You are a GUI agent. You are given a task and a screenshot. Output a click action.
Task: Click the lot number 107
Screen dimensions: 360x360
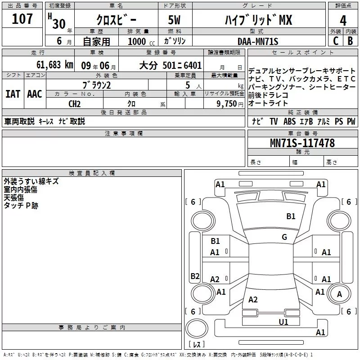(22, 19)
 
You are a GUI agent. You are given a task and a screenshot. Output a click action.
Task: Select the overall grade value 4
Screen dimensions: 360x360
(343, 20)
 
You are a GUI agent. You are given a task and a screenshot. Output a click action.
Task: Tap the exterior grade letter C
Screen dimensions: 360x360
(336, 41)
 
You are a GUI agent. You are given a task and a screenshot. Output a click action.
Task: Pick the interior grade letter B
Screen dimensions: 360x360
(350, 41)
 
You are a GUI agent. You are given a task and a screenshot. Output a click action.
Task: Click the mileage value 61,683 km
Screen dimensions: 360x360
(55, 65)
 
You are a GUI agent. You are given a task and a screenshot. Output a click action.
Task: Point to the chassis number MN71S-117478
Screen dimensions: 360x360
(302, 143)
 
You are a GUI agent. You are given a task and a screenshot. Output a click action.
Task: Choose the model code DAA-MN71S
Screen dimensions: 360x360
(258, 41)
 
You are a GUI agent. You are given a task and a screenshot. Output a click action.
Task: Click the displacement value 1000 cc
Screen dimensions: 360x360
(141, 41)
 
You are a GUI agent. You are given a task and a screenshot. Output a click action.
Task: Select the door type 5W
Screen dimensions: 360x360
(174, 20)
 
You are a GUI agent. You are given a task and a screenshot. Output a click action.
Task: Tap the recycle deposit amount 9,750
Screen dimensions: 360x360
(227, 104)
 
